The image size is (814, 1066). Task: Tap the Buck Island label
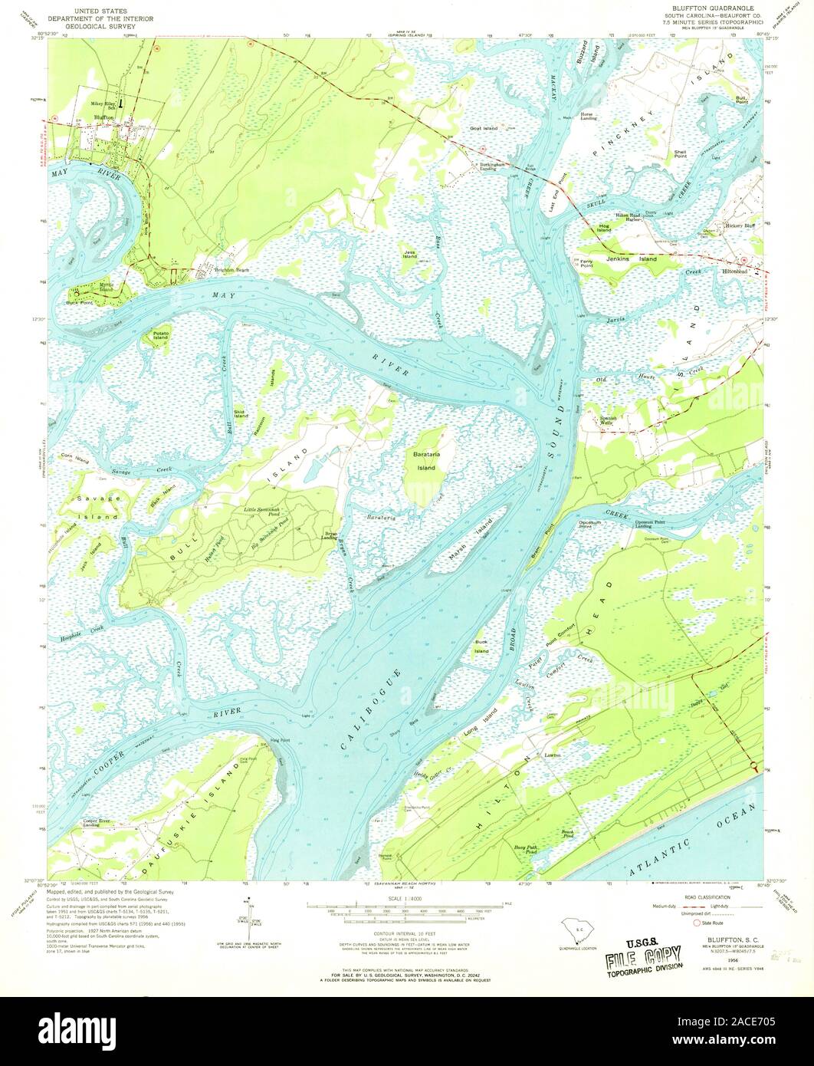[481, 647]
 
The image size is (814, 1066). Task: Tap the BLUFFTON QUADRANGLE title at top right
[702, 7]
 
